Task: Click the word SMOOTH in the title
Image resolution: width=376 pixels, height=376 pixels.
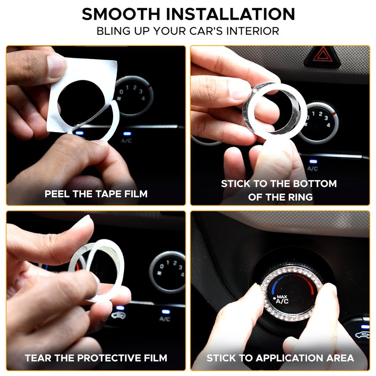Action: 121,14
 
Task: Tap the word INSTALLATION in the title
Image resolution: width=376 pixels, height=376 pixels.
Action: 230,14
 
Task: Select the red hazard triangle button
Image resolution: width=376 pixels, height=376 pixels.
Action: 322,56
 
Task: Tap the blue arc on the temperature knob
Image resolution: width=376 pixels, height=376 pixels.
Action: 275,284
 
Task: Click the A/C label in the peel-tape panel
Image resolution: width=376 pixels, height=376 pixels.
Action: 126,141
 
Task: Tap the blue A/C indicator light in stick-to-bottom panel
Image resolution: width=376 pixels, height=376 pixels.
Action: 313,162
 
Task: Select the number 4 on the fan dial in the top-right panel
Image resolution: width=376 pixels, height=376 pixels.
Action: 328,125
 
